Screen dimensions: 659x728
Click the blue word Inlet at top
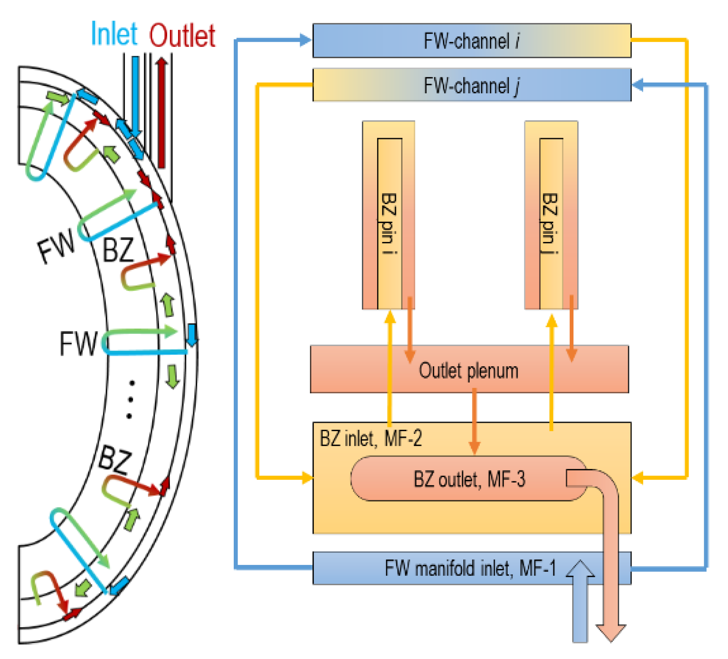tap(114, 34)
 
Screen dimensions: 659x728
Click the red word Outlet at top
tap(182, 36)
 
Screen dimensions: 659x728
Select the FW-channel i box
tap(471, 41)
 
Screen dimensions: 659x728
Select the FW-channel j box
tap(471, 85)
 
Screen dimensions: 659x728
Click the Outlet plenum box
tap(469, 370)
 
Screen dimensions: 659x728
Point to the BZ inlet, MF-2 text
tap(370, 438)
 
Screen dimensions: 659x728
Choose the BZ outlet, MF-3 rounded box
tap(469, 479)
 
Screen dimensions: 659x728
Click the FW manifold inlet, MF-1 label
tap(470, 568)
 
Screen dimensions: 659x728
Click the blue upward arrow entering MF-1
tap(580, 600)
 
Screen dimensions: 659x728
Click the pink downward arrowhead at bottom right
tap(611, 632)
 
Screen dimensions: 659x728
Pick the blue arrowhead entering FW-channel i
tap(305, 40)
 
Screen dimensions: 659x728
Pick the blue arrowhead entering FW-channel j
tap(638, 85)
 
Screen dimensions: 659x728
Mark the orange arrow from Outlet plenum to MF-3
tap(474, 420)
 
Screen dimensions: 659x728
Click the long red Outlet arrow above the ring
tap(162, 113)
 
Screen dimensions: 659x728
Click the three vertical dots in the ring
tap(130, 399)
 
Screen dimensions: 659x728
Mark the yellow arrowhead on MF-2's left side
tap(307, 477)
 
